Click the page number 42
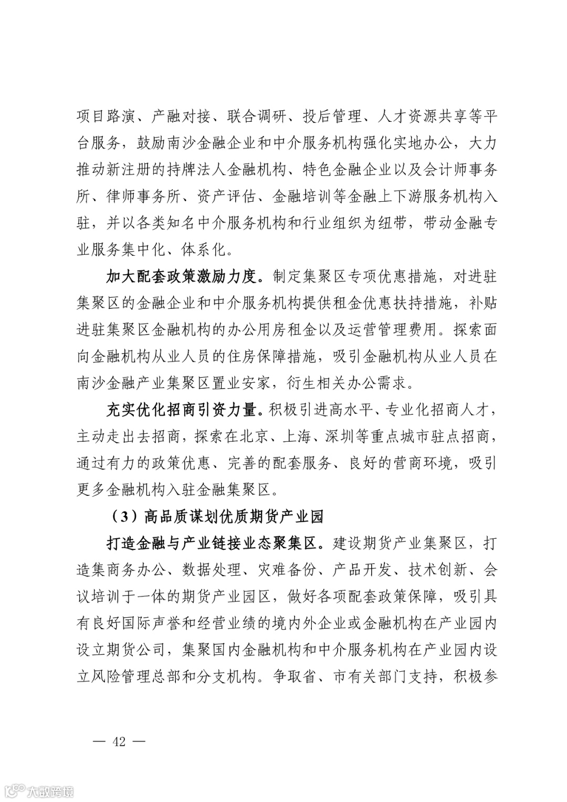(x=118, y=742)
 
